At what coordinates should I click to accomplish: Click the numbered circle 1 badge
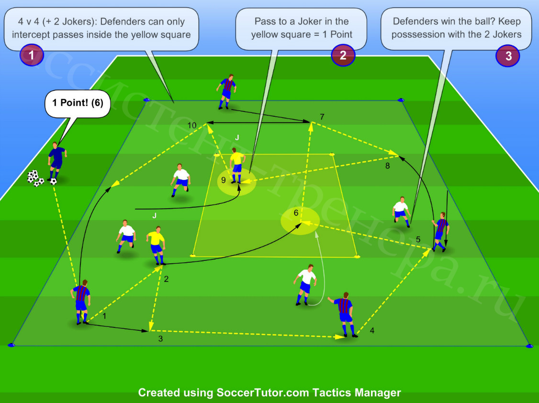[31, 55]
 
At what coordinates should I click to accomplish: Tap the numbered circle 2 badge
[343, 55]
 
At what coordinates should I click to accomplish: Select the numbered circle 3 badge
[508, 56]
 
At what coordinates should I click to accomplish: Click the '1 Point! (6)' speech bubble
[78, 103]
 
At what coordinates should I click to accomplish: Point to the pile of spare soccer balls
[35, 179]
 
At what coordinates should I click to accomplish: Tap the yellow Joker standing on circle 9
[237, 165]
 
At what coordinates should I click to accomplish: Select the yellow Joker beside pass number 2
[157, 245]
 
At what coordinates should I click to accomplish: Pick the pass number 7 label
[322, 117]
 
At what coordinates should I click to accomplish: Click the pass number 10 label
[192, 125]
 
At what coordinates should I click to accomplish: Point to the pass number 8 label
[387, 166]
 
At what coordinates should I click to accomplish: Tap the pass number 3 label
[160, 339]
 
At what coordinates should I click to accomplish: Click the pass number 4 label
[372, 331]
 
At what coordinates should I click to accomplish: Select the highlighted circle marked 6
[300, 221]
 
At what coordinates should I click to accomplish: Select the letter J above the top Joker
[237, 138]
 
